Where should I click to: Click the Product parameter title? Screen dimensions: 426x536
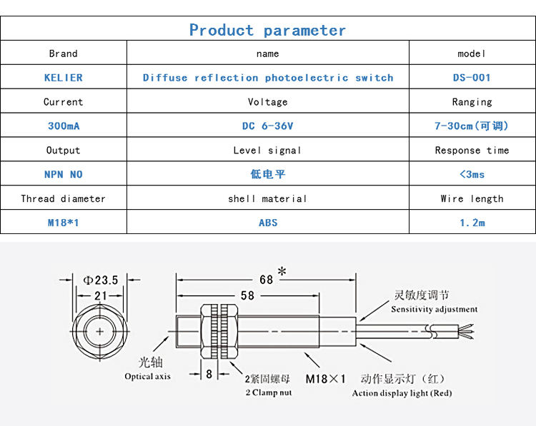pos(267,30)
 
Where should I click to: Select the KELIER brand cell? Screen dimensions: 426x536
pos(63,78)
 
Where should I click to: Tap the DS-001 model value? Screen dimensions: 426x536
pos(472,78)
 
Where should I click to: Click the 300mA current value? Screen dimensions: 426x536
pos(63,126)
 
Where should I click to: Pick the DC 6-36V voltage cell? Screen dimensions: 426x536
pos(267,126)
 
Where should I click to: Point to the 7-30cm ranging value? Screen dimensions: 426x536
pos(472,126)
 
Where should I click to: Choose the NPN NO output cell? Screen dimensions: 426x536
pos(63,174)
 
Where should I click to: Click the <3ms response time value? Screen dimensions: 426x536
pos(472,174)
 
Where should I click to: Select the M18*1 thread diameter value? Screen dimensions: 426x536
pos(63,223)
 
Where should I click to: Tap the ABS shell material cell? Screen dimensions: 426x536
pos(267,223)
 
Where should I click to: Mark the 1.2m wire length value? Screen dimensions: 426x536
pos(472,223)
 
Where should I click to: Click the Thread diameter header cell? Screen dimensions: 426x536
pos(63,198)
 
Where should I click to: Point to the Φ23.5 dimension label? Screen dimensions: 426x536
pos(101,280)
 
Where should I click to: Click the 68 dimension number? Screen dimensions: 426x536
pos(266,280)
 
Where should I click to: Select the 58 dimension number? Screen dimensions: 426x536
pos(247,295)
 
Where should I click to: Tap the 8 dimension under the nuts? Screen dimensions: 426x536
pos(209,373)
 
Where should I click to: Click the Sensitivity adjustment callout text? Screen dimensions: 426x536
pos(434,310)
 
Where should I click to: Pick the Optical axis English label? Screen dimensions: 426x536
pos(147,376)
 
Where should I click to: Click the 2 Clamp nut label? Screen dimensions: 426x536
pos(268,392)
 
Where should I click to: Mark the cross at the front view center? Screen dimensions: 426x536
pos(99,332)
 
